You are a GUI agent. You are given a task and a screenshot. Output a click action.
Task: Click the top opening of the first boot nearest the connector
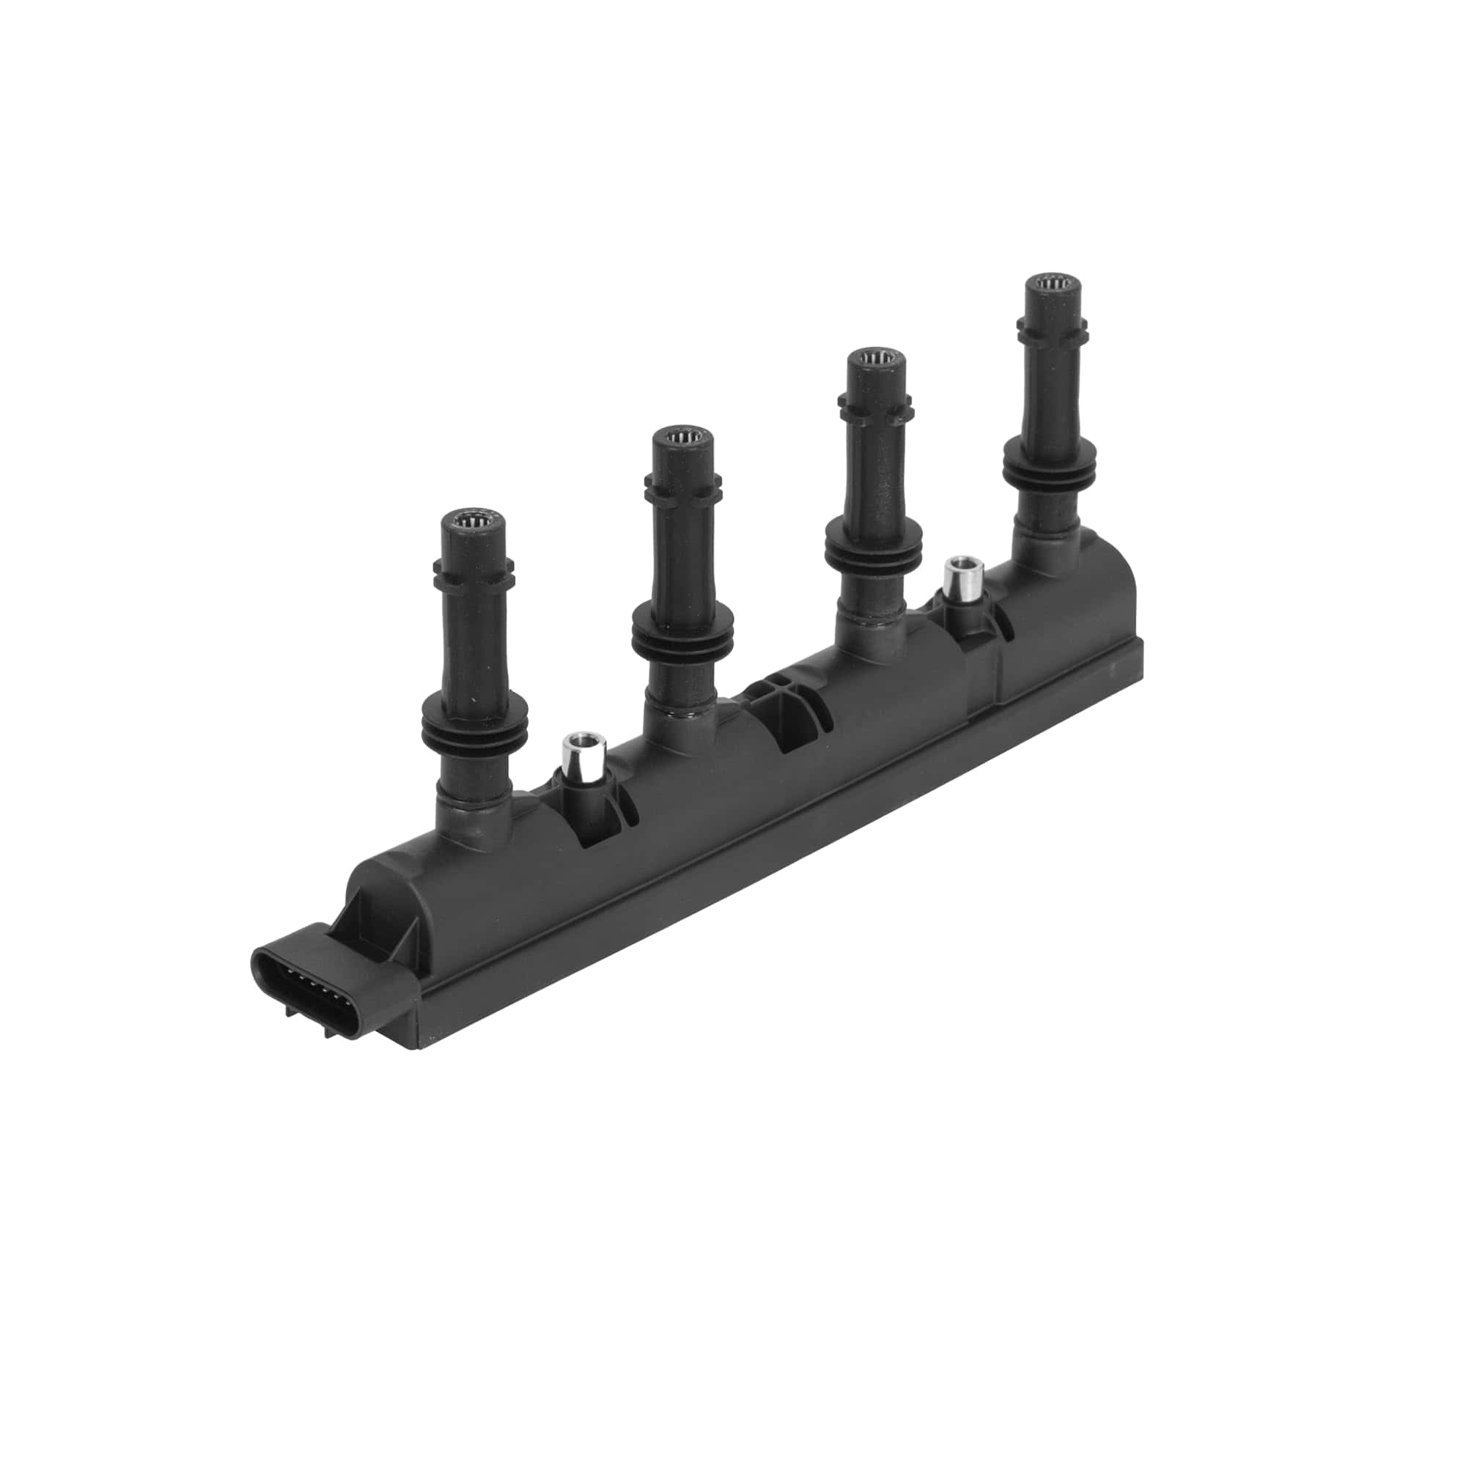[x=474, y=522]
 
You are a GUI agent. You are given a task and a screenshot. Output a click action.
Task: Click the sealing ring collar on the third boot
[x=875, y=545]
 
